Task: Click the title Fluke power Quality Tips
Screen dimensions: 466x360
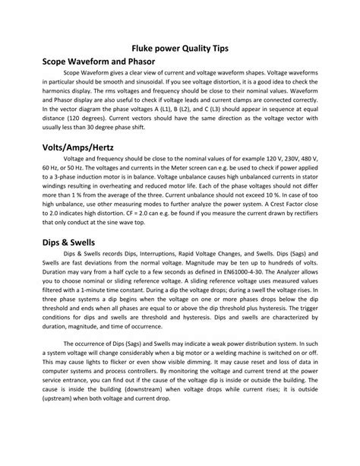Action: (x=179, y=47)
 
